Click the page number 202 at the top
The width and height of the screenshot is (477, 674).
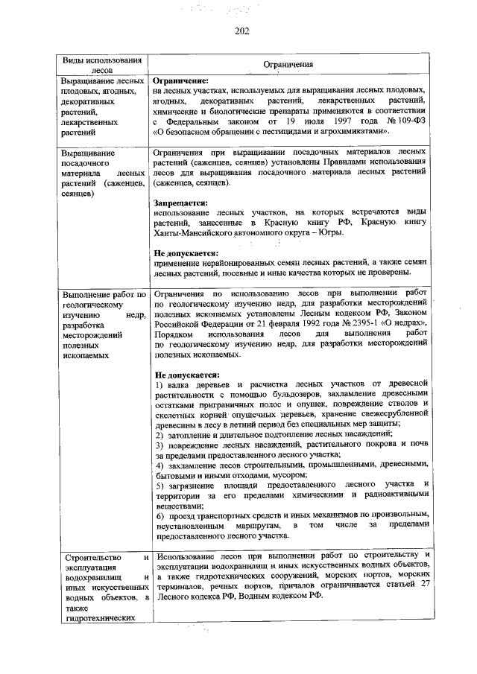(x=240, y=31)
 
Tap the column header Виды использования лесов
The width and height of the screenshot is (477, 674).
(x=101, y=65)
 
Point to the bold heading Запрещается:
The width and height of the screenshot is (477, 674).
(x=180, y=202)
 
